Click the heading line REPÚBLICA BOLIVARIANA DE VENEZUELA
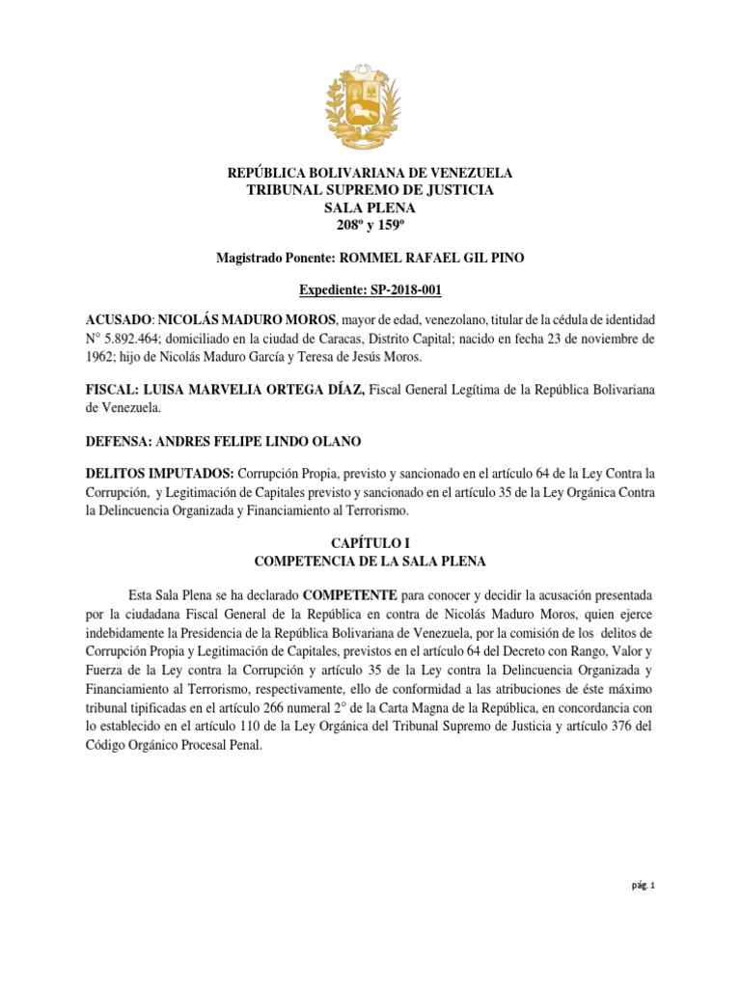tap(370, 173)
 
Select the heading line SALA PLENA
tap(370, 207)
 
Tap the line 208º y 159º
tap(370, 225)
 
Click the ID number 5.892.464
tap(145, 338)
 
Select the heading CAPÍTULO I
tap(370, 542)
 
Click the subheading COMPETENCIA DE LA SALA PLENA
tap(370, 561)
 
